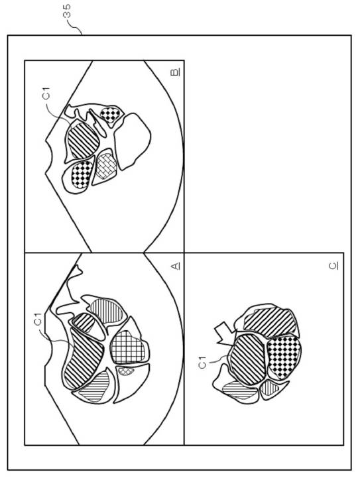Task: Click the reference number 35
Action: [x=68, y=11]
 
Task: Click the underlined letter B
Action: [x=175, y=72]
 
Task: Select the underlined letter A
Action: [x=176, y=266]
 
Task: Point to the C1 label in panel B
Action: [x=46, y=93]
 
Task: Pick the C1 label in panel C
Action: [x=202, y=363]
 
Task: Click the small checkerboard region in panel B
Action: [x=110, y=115]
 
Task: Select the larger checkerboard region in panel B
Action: [x=82, y=174]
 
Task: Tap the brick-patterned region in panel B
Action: [x=106, y=166]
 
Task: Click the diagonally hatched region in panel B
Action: [x=83, y=141]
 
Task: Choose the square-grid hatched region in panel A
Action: [x=128, y=347]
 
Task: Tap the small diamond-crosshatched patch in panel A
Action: [x=126, y=371]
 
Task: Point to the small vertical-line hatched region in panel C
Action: [x=269, y=388]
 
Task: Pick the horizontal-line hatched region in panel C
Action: [x=240, y=390]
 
